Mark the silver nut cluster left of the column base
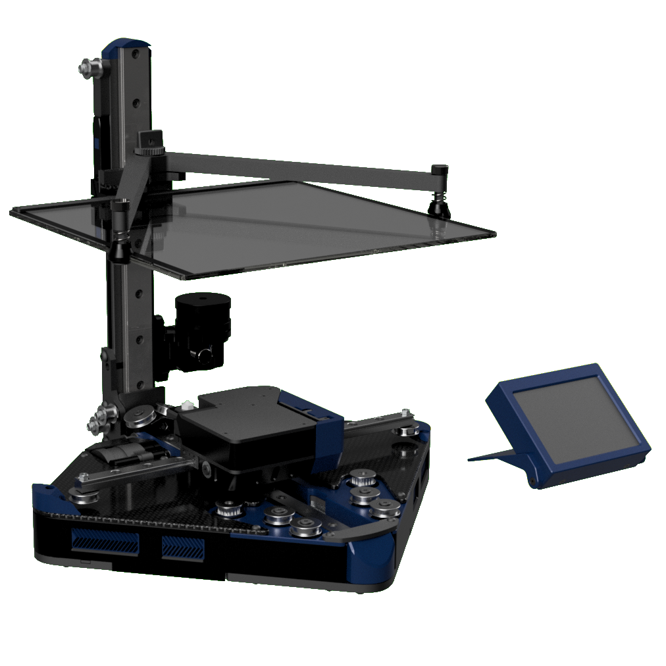100,419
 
